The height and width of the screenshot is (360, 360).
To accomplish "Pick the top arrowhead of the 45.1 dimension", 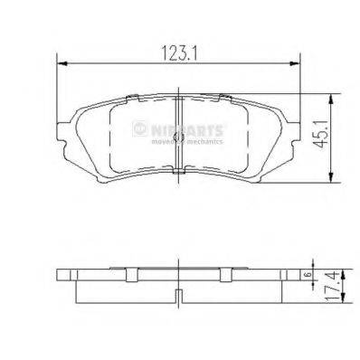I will tap(336, 96).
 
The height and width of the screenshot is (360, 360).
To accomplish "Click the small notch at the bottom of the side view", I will tap(178, 294).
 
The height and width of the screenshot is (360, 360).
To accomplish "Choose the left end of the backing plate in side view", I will tap(60, 275).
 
